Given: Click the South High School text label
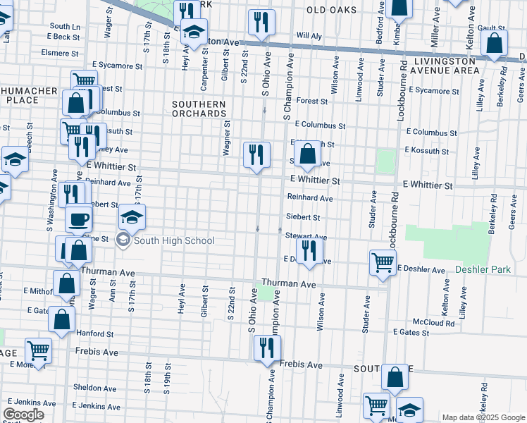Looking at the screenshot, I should (x=174, y=241).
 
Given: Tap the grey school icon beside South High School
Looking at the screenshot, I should (x=123, y=241).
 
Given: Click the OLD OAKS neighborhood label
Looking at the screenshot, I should (x=331, y=10).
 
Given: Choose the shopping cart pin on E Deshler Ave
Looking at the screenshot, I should (x=383, y=262).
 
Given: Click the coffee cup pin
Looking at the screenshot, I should (x=79, y=218).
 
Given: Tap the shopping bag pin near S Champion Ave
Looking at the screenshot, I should (x=307, y=154).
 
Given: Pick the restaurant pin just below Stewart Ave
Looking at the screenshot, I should (x=309, y=251).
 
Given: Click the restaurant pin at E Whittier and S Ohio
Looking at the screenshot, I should (x=256, y=155).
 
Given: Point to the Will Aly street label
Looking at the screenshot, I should (x=309, y=35).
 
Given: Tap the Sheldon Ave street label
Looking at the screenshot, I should (x=89, y=388).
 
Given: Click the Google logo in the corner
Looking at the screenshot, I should (x=23, y=415).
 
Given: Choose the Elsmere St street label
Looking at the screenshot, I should (x=60, y=53).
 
